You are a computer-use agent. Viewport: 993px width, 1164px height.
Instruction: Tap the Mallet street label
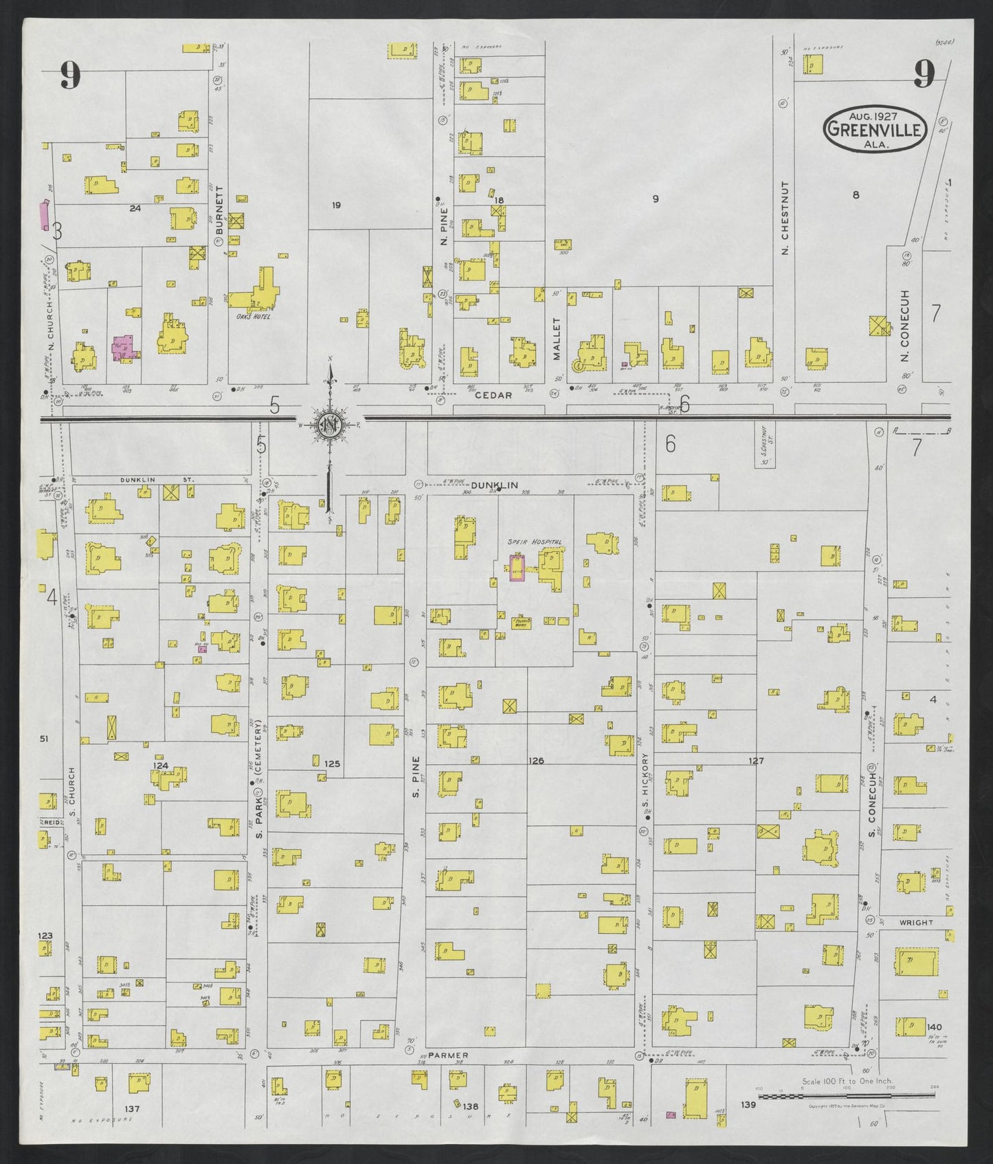pos(558,339)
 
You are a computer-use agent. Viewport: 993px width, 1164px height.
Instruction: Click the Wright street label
pos(915,923)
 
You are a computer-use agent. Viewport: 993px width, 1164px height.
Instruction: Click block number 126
pos(536,761)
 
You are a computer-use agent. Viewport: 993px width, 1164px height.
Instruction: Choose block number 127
pos(756,761)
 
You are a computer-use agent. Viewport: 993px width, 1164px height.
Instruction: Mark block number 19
pos(336,205)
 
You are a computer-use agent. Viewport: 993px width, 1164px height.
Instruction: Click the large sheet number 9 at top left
pos(69,76)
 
